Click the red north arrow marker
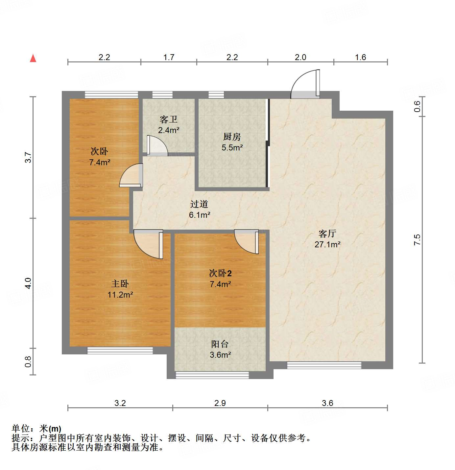click(x=33, y=58)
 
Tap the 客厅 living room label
click(x=327, y=234)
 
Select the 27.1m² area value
click(x=327, y=244)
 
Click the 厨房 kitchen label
click(x=232, y=137)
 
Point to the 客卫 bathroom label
click(x=168, y=119)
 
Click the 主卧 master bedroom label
click(x=120, y=284)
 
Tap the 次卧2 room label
click(x=220, y=273)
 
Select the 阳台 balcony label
click(x=220, y=344)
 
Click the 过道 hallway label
click(x=199, y=204)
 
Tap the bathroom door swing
click(x=157, y=145)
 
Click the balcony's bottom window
click(x=212, y=375)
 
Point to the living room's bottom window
click(x=324, y=365)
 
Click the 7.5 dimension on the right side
click(x=417, y=240)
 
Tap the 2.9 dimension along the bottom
click(x=220, y=403)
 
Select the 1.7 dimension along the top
click(x=169, y=57)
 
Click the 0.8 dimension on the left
click(x=28, y=362)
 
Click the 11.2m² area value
click(x=120, y=295)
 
